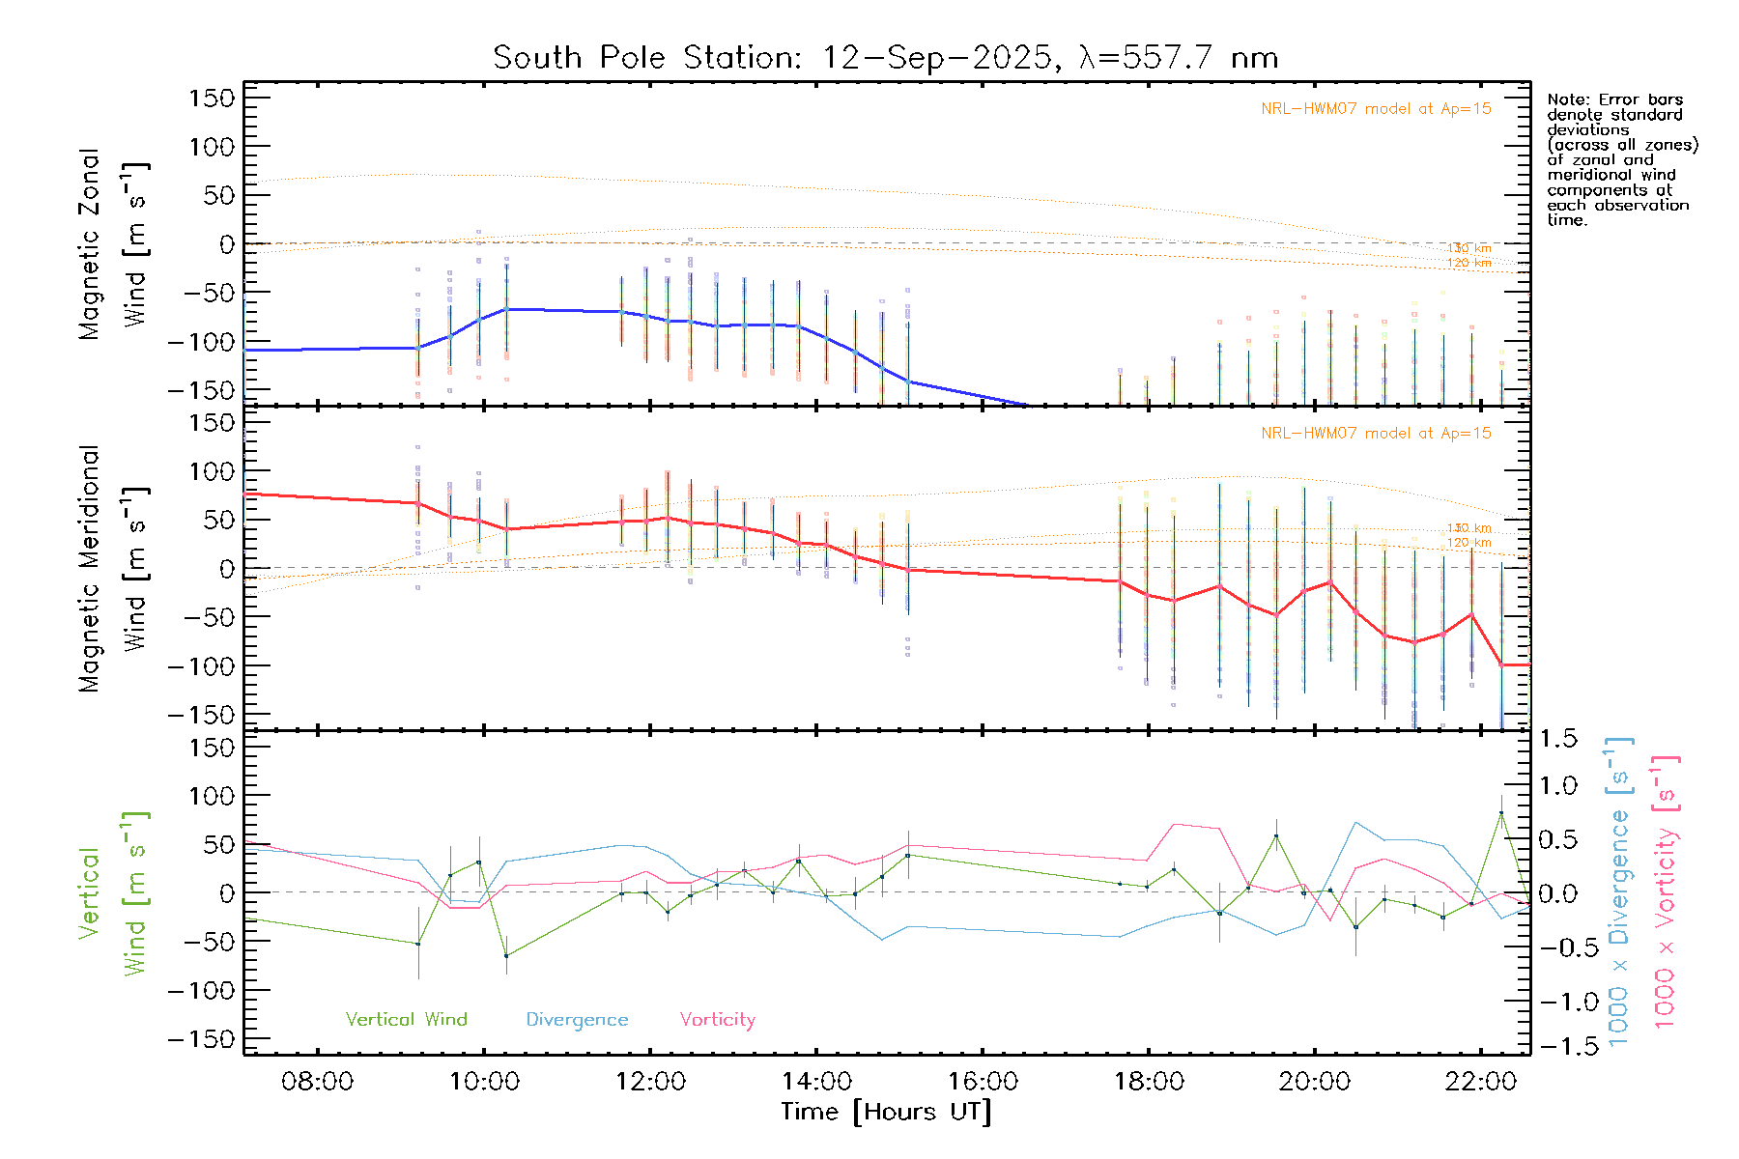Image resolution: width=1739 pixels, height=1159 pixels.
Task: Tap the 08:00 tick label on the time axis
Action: tap(317, 1082)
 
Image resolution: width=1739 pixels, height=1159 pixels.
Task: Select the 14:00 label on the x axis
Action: tap(816, 1082)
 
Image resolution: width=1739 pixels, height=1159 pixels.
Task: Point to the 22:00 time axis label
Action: tap(1481, 1082)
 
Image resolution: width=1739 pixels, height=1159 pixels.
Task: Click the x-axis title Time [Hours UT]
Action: tap(886, 1112)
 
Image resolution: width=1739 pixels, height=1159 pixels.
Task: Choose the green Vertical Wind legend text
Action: tap(406, 1020)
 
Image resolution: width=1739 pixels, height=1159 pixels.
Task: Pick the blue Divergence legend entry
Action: tap(577, 1020)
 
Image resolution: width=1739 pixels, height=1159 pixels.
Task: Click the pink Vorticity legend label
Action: tap(717, 1020)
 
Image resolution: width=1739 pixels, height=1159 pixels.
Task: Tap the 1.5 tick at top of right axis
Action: tap(1558, 739)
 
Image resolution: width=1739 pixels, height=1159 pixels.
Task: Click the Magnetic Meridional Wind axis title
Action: tap(113, 569)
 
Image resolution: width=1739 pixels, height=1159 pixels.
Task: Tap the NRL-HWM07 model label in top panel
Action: tap(1376, 109)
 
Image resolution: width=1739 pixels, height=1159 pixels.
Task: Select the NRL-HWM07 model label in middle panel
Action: tap(1376, 434)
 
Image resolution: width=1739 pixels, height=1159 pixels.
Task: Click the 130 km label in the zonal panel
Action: tap(1468, 249)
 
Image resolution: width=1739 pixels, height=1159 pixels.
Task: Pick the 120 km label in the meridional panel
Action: tap(1468, 543)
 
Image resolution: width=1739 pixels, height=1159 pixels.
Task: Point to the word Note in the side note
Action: tap(1566, 99)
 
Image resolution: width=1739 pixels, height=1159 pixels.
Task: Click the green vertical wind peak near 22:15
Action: tap(1500, 812)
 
